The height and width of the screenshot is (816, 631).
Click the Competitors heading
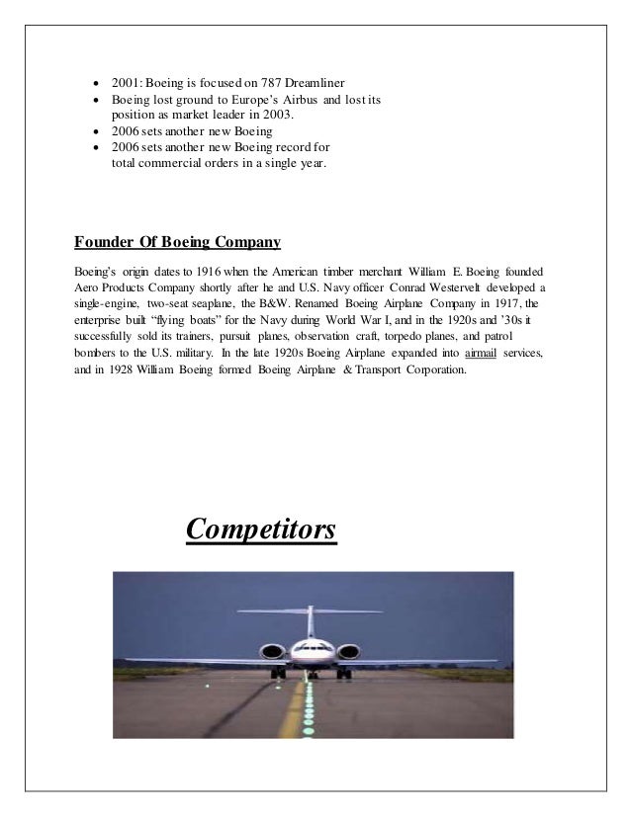pos(262,530)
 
